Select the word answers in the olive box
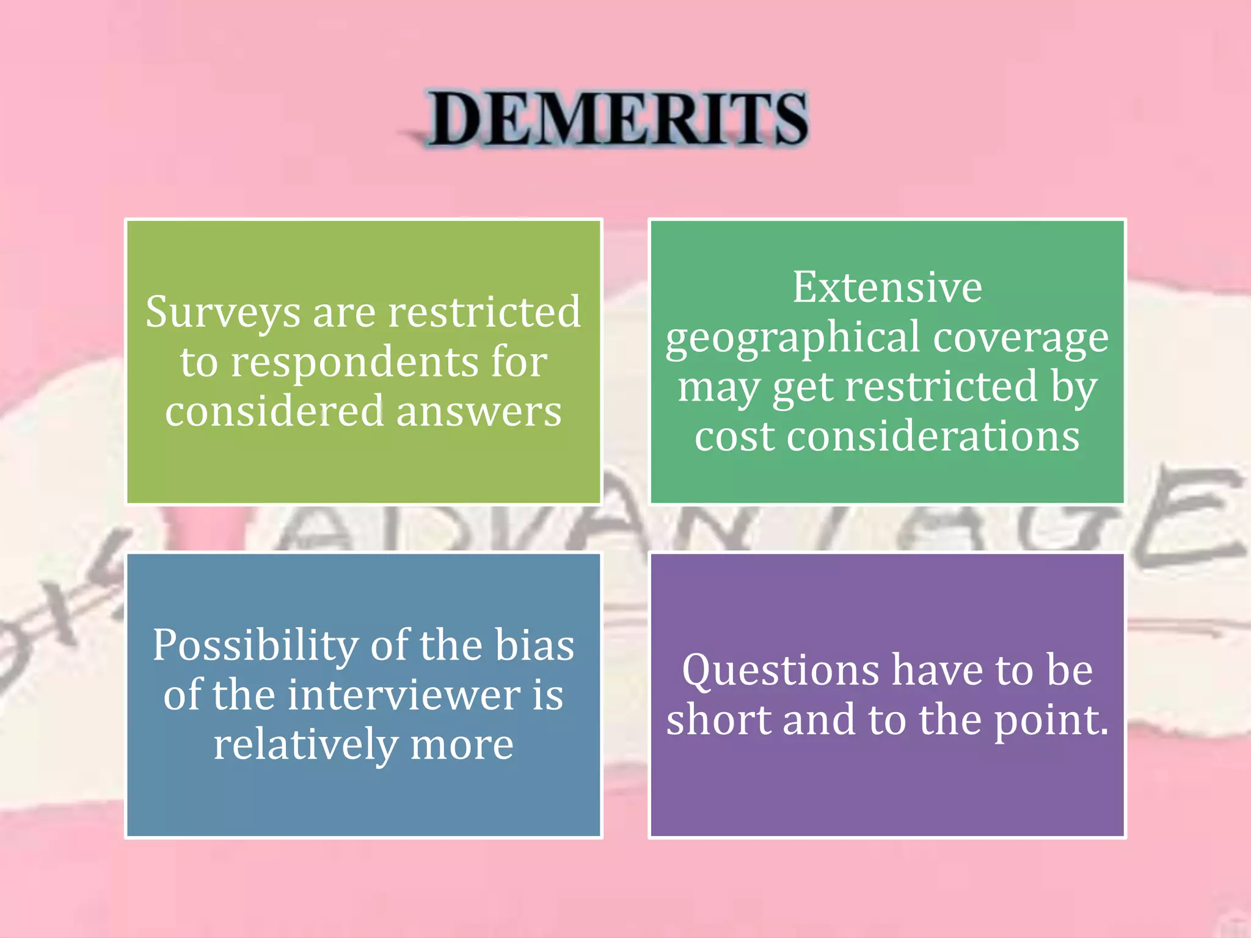click(x=479, y=411)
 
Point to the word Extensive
click(x=887, y=287)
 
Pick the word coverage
click(x=1021, y=337)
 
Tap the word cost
click(x=734, y=437)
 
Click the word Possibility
click(x=255, y=645)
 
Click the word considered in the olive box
click(x=274, y=411)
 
